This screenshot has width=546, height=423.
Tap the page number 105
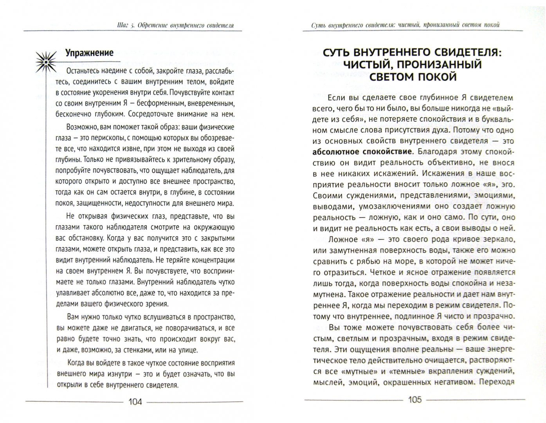(414, 399)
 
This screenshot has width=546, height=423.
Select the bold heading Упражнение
(89, 53)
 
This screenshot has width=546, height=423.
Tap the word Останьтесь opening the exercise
(87, 71)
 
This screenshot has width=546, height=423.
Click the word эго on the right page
(508, 184)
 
